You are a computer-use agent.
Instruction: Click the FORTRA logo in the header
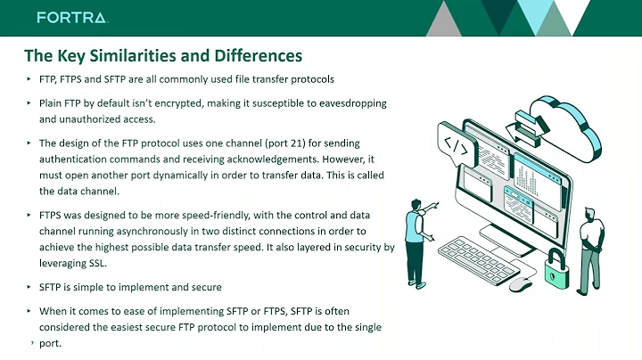[x=72, y=18]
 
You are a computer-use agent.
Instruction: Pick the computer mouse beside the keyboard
[x=519, y=283]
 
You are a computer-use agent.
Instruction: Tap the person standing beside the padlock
[x=590, y=245]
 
